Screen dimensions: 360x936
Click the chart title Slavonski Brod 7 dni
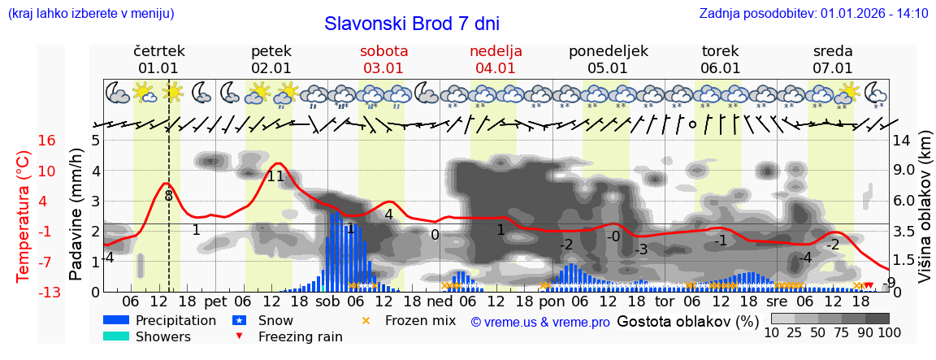click(411, 24)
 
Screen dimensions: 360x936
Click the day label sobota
click(383, 51)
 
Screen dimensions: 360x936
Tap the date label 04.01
click(496, 68)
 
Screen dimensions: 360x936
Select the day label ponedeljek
click(609, 51)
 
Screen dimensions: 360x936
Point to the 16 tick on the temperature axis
click(46, 141)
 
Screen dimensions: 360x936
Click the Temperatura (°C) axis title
click(24, 216)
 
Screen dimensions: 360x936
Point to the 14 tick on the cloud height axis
click(903, 141)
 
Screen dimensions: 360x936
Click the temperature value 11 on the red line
click(276, 176)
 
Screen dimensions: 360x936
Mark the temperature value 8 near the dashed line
click(169, 195)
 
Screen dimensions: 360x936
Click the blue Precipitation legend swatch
click(116, 320)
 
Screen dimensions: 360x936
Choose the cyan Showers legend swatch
click(116, 336)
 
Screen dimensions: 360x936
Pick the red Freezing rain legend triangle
click(239, 336)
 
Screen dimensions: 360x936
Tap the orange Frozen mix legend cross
click(366, 320)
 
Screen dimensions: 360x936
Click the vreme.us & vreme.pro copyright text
click(540, 322)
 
